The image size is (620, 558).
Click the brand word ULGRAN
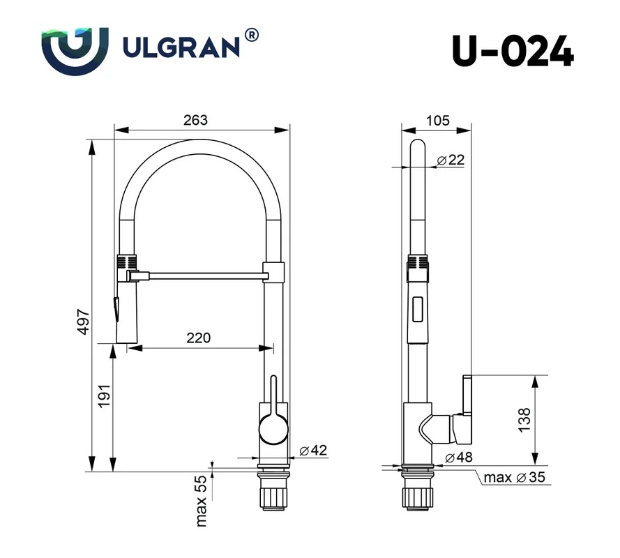click(181, 47)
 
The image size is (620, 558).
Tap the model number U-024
click(513, 51)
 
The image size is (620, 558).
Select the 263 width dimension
click(195, 120)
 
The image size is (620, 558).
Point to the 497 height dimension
click(84, 322)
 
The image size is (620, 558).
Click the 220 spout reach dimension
click(199, 338)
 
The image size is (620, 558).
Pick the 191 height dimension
click(104, 396)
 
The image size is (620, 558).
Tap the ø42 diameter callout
click(313, 450)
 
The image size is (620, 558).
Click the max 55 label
click(202, 501)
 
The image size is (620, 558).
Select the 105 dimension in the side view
click(438, 120)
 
